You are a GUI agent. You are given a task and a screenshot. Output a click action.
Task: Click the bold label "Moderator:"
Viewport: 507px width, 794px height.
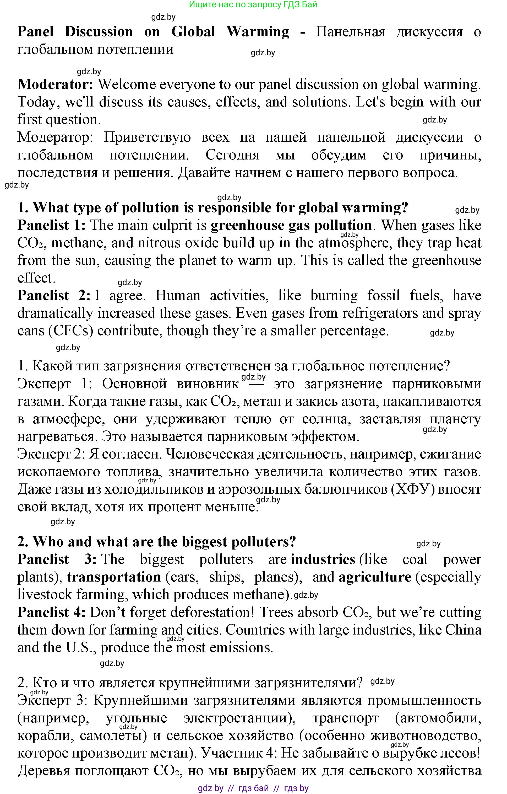[56, 85]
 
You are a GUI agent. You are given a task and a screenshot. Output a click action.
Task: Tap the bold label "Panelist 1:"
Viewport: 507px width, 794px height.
[51, 226]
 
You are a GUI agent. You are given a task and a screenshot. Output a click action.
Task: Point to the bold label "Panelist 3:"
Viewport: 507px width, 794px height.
[57, 560]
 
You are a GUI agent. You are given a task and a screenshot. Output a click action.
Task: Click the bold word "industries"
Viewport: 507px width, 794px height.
[323, 560]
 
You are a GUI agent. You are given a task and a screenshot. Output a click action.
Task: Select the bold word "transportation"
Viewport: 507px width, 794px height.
[114, 577]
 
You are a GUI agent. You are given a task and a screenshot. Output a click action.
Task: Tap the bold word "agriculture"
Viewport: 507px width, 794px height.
[375, 577]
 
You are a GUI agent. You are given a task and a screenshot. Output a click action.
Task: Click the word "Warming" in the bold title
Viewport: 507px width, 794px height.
[258, 32]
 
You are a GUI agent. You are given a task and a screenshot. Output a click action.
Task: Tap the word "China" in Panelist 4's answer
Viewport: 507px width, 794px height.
[463, 630]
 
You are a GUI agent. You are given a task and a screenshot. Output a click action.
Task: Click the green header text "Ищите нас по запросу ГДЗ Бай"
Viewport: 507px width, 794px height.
[253, 5]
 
